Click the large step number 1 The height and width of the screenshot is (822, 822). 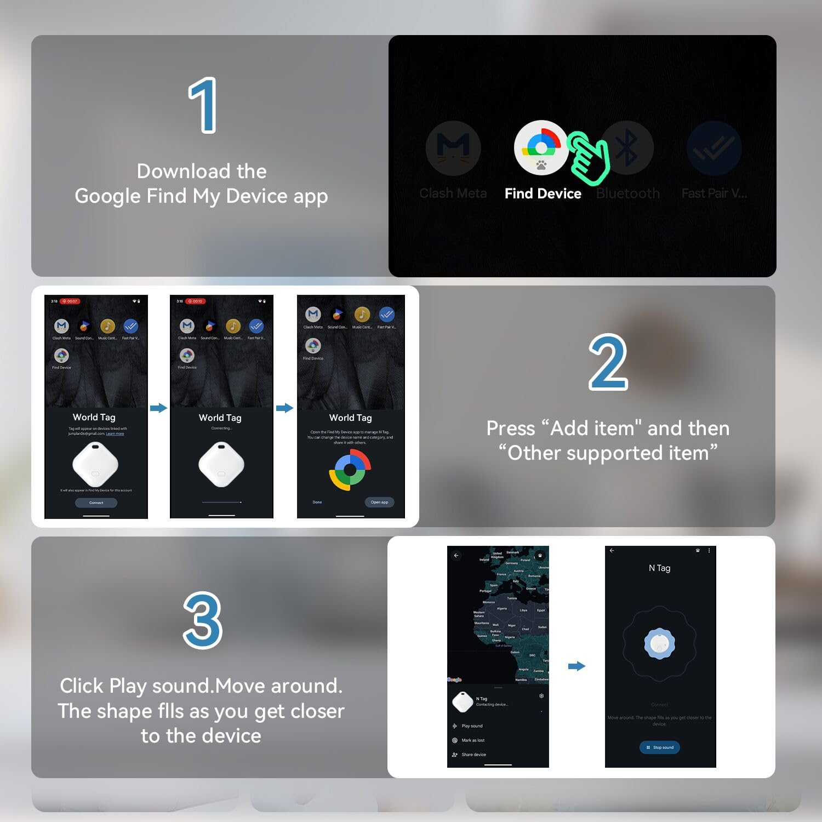[x=203, y=105]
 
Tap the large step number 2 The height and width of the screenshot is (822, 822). [x=608, y=362]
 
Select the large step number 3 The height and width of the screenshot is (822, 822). [x=203, y=620]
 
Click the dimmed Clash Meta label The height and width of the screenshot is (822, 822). [x=453, y=193]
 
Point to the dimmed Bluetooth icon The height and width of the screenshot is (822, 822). [x=627, y=147]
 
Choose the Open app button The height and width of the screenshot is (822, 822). [x=379, y=502]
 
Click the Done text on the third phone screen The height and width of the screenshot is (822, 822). [x=317, y=502]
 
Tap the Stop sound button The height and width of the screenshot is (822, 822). [x=660, y=747]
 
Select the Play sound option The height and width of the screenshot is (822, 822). [x=472, y=726]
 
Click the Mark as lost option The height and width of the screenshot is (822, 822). [x=473, y=740]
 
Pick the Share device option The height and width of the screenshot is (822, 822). [x=473, y=755]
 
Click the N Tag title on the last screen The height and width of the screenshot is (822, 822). [x=659, y=568]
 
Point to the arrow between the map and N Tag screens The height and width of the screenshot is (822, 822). [x=576, y=666]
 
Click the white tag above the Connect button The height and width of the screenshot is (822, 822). [x=95, y=465]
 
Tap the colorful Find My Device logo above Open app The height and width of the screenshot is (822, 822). [x=350, y=470]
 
